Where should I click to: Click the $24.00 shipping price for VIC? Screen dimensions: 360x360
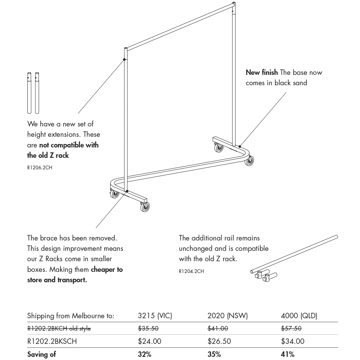(x=149, y=341)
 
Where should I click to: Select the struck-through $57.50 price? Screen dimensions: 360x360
(x=291, y=328)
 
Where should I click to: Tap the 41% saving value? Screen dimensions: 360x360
(x=287, y=354)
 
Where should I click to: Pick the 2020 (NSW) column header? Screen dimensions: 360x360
(x=228, y=316)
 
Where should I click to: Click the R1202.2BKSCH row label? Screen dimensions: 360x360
(x=52, y=341)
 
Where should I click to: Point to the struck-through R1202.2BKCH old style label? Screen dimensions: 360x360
(x=59, y=328)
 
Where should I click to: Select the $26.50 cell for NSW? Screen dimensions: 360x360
(x=219, y=341)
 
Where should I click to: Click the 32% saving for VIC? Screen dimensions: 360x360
(x=145, y=354)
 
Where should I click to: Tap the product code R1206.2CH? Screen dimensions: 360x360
(x=40, y=168)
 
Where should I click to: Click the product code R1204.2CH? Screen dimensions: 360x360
(x=191, y=271)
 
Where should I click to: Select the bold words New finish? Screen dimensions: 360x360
(x=262, y=72)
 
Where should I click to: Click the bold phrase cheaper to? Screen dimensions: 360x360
(x=107, y=270)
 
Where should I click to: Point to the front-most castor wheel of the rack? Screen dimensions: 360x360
(x=145, y=206)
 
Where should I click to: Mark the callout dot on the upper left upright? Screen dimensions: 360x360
(x=124, y=60)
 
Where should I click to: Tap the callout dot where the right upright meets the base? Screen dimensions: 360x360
(x=240, y=147)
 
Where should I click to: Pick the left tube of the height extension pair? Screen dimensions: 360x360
(x=29, y=93)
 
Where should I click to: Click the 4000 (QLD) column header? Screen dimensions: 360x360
(x=299, y=316)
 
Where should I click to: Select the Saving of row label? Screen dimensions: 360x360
(x=41, y=354)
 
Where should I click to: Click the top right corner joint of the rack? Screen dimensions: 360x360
(x=234, y=5)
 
